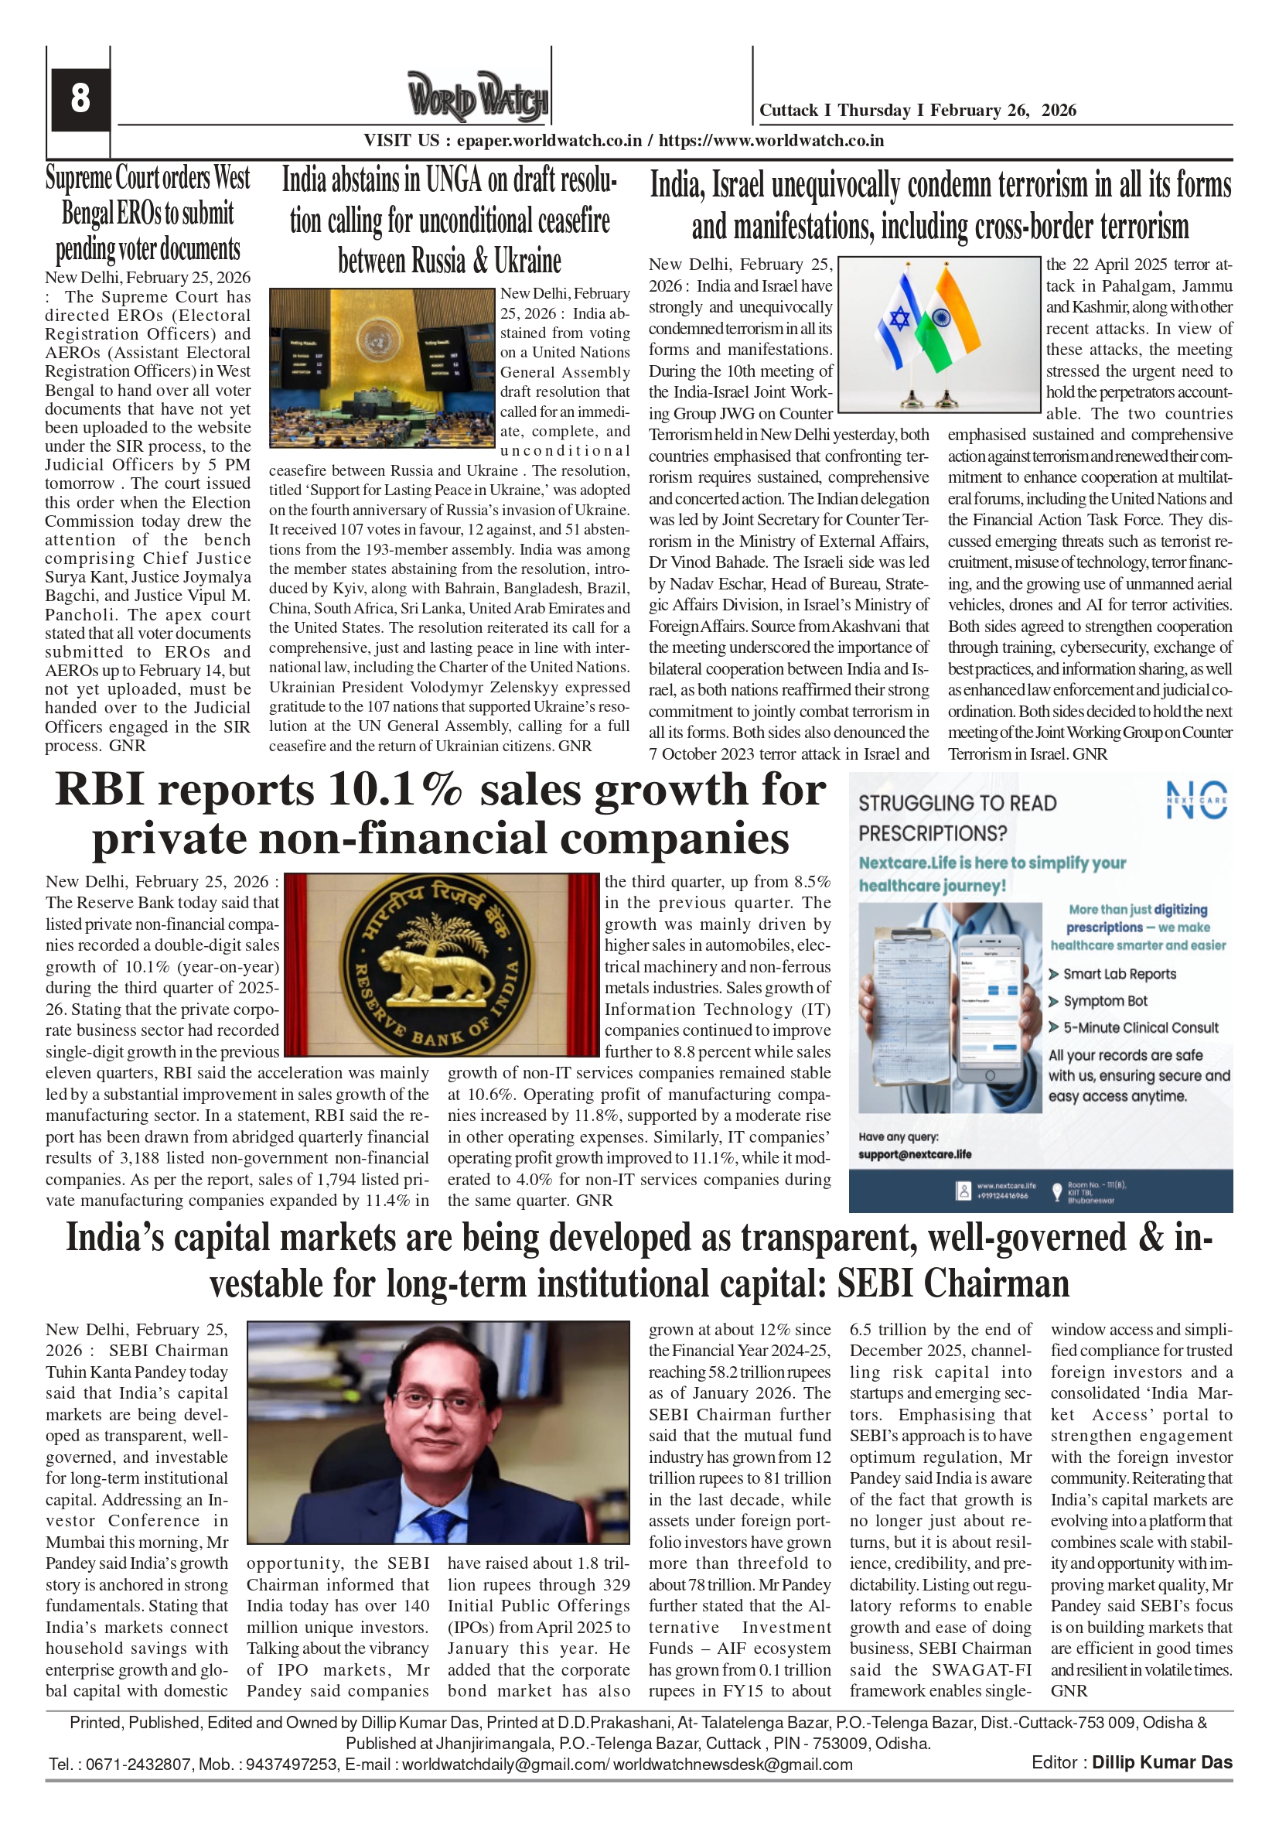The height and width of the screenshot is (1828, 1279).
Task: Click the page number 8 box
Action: (80, 99)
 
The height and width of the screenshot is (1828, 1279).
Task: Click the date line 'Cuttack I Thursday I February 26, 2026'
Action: (918, 111)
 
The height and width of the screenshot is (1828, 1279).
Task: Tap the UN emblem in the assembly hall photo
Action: (379, 339)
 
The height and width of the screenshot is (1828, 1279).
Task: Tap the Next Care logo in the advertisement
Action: (1196, 800)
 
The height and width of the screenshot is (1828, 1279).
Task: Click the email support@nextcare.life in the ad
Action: (915, 1154)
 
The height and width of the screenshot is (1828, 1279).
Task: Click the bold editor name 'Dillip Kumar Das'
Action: (1161, 1762)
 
